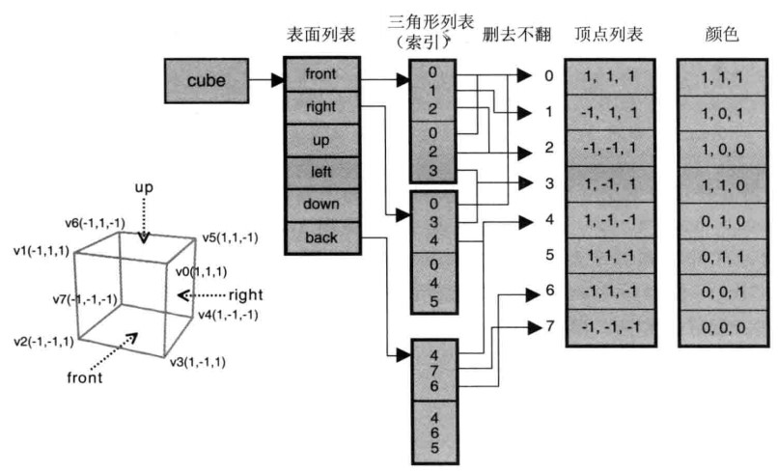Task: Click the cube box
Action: click(206, 81)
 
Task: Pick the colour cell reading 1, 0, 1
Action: click(723, 113)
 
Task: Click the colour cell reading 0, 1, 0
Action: click(723, 221)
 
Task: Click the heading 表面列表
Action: click(321, 34)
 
